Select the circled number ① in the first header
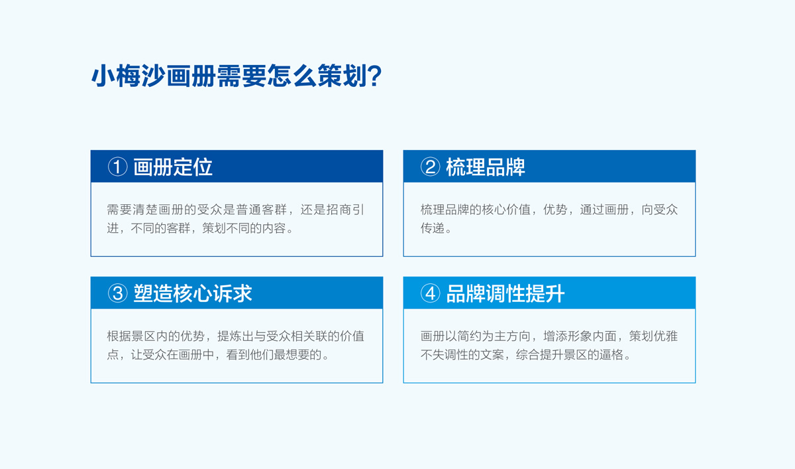117,167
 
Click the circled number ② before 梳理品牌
430,167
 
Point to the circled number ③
117,293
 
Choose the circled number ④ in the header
430,293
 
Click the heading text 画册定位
173,167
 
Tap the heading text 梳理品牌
486,167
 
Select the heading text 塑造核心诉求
193,293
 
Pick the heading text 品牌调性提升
505,293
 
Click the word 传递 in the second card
432,228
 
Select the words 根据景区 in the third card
132,336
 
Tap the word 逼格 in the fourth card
610,354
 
